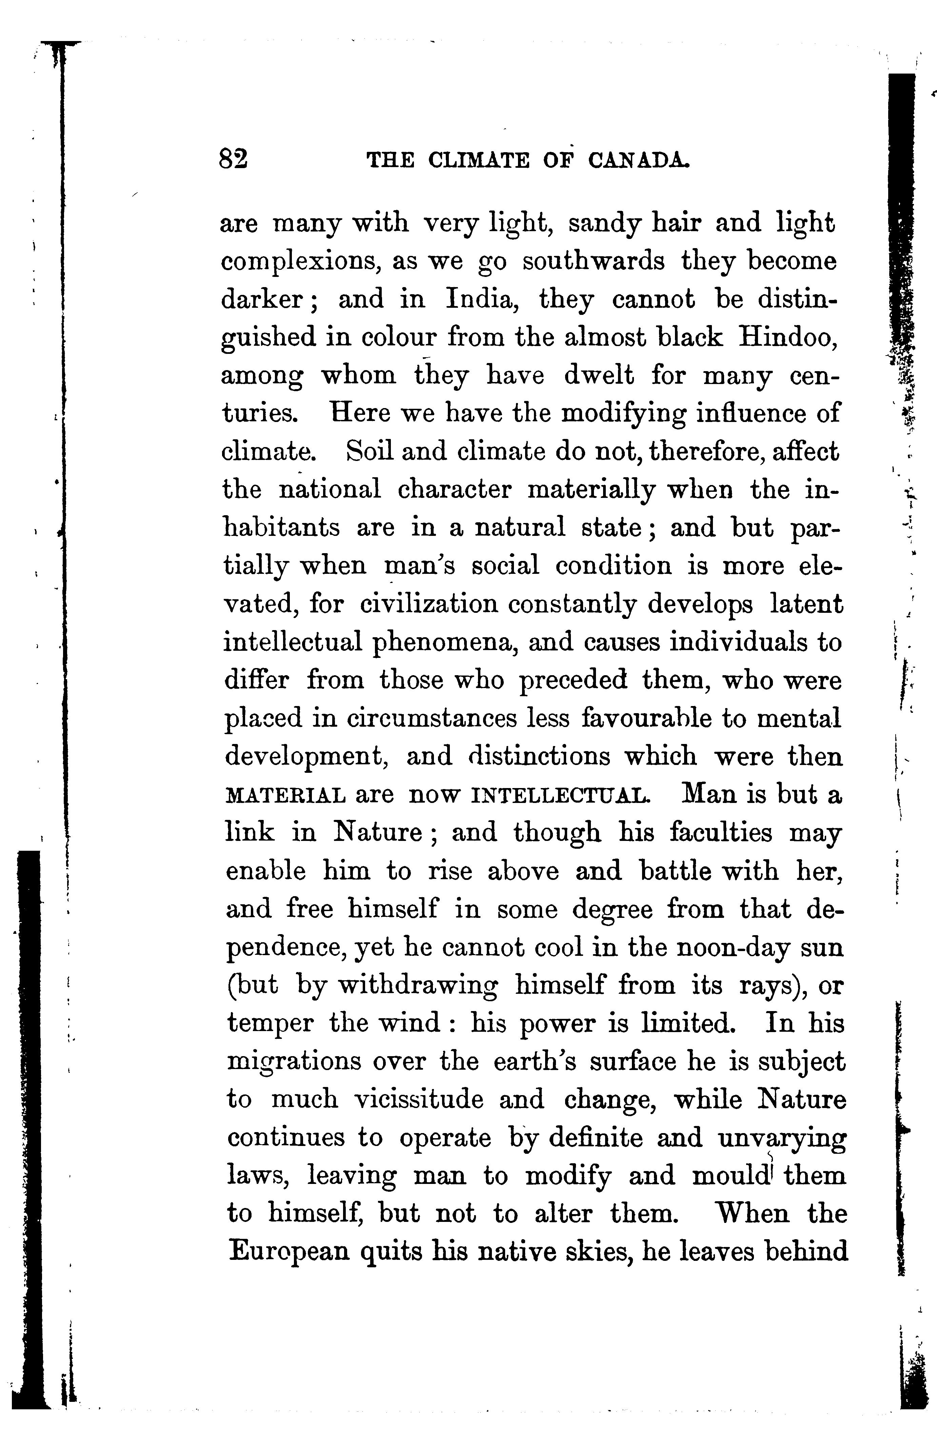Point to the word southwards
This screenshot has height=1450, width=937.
pos(593,262)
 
